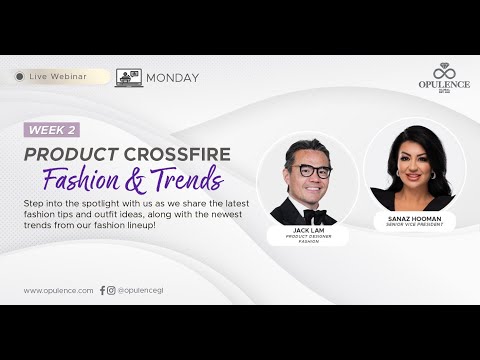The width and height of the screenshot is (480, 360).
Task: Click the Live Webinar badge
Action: [60, 77]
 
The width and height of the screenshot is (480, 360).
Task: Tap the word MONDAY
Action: [172, 78]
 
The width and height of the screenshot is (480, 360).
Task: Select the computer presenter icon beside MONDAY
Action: [129, 77]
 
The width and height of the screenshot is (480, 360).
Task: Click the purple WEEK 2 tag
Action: [51, 130]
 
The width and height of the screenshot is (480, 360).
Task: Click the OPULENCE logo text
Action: [444, 84]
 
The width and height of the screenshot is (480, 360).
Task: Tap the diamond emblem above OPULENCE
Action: [444, 70]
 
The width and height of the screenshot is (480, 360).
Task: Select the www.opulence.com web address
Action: [58, 290]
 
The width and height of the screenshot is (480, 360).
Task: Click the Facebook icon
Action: [102, 290]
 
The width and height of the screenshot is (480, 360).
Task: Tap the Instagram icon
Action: [111, 290]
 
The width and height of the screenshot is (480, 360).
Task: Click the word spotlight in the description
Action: [93, 203]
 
